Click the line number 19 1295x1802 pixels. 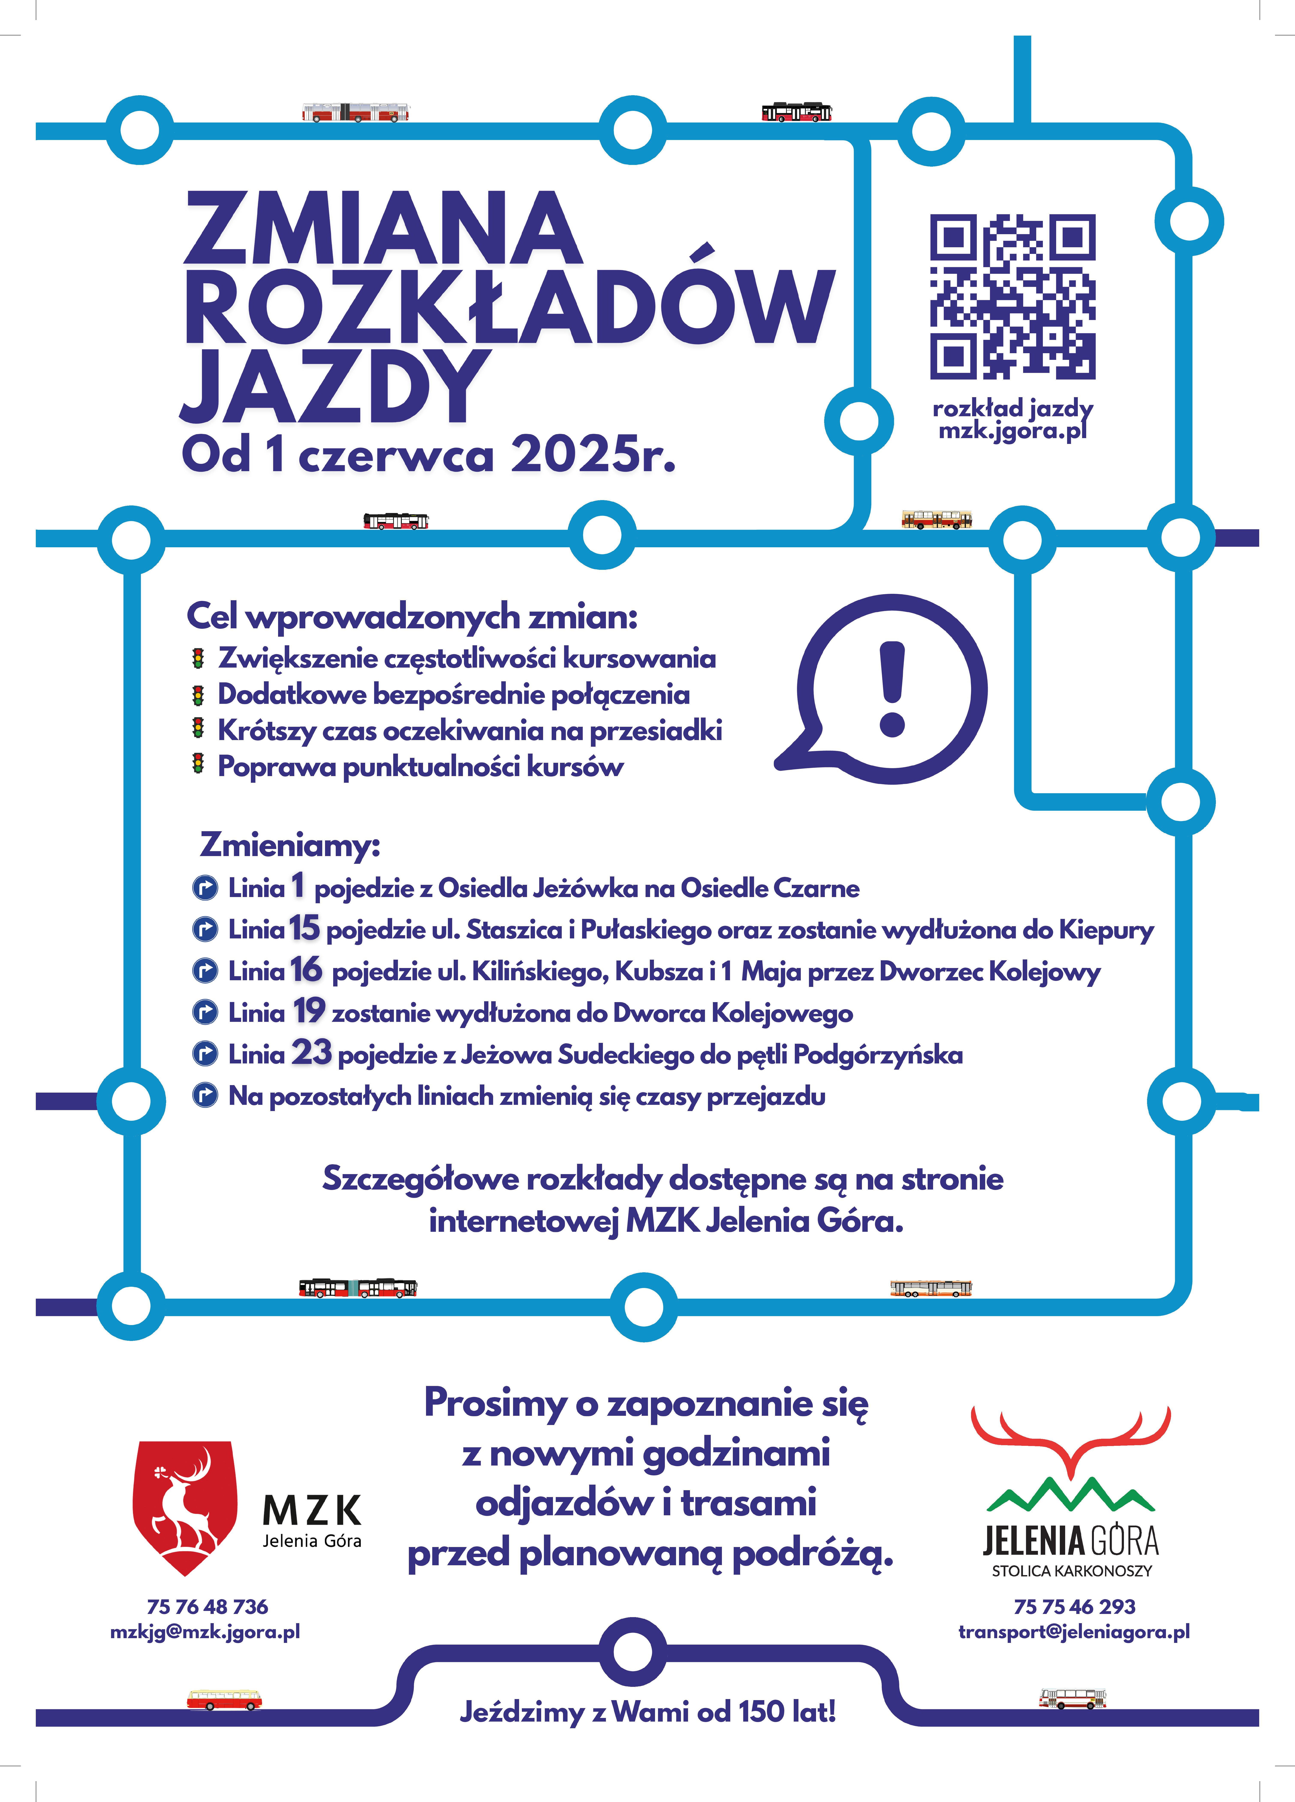(309, 1011)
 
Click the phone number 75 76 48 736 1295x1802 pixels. (207, 1607)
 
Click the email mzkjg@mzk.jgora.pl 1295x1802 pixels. (205, 1632)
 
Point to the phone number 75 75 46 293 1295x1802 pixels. (1074, 1607)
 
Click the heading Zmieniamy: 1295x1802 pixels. (290, 844)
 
